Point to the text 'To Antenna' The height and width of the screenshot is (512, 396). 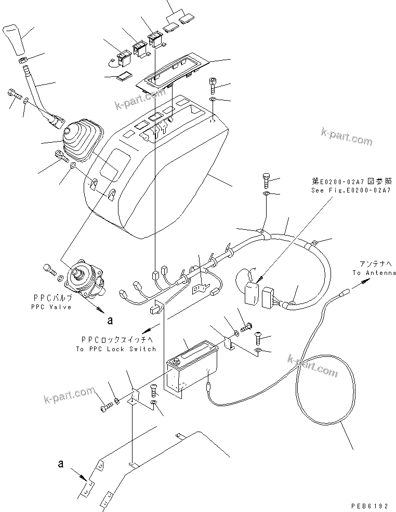[374, 273]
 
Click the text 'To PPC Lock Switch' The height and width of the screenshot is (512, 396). [115, 349]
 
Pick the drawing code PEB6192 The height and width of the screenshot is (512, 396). [369, 504]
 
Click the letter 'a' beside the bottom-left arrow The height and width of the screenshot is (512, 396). [61, 463]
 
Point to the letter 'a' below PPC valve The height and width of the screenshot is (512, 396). [109, 320]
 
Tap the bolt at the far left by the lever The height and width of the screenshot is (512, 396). [13, 95]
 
